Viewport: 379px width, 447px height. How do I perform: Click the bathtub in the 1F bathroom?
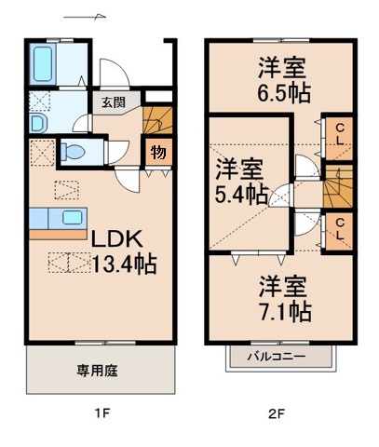tap(44, 65)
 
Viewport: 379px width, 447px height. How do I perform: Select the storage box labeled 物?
tap(158, 152)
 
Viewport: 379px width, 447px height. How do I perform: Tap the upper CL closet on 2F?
tap(342, 135)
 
